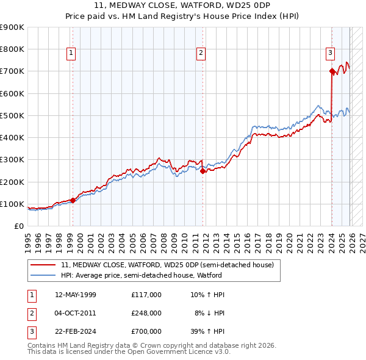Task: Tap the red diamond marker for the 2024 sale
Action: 332,71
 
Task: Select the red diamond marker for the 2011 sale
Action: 203,171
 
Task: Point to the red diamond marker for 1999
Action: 73,200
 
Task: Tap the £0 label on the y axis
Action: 18,226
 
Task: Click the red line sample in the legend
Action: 43,265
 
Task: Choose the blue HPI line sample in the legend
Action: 43,275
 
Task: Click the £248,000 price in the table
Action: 146,313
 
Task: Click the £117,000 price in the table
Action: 146,295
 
